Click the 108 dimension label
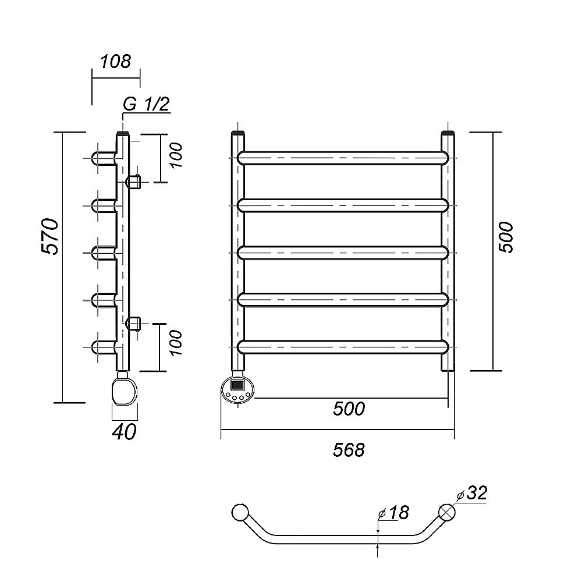(x=116, y=61)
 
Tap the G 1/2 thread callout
(x=145, y=104)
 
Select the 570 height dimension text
(x=51, y=237)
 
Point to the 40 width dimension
(x=125, y=431)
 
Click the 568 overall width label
(x=349, y=449)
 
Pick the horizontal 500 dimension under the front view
(x=349, y=409)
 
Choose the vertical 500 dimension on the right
(x=506, y=237)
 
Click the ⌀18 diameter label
(x=394, y=513)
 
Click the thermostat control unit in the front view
(x=237, y=388)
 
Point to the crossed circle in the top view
(x=447, y=512)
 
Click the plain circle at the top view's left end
(x=239, y=512)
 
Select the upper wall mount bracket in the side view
(x=133, y=182)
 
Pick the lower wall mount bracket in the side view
(x=133, y=323)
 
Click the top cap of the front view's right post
(x=448, y=134)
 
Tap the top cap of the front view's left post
(x=238, y=134)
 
